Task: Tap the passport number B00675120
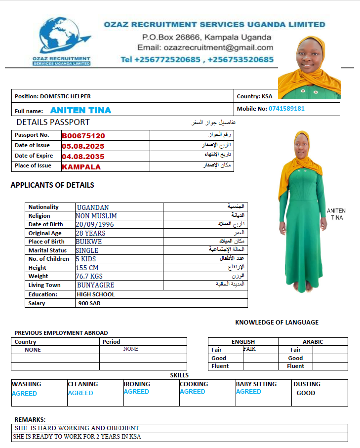click(x=83, y=136)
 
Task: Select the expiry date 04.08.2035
click(x=83, y=157)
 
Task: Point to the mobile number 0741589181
click(x=286, y=109)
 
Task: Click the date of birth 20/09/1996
click(x=95, y=224)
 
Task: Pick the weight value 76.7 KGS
click(x=89, y=276)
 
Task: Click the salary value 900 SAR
click(x=89, y=303)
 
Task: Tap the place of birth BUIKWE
click(x=87, y=242)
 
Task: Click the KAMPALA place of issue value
click(x=81, y=167)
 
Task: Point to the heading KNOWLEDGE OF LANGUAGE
click(x=277, y=323)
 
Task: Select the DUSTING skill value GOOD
click(x=306, y=393)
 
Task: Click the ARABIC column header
click(x=313, y=342)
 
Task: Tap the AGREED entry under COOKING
click(x=193, y=392)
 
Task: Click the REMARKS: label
click(x=30, y=419)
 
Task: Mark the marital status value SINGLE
click(x=87, y=250)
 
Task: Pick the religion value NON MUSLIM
click(x=96, y=216)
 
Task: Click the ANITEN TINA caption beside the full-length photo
click(x=336, y=214)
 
